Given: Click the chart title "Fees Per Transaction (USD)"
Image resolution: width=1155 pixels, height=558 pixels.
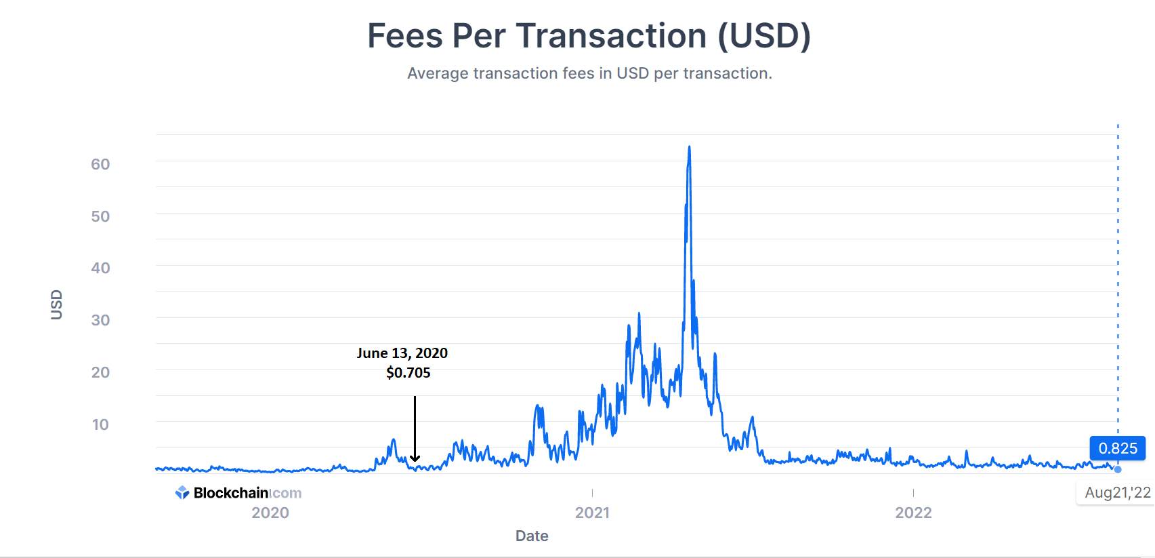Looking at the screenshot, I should [589, 36].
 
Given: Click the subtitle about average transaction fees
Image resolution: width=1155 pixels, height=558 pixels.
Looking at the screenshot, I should [589, 73].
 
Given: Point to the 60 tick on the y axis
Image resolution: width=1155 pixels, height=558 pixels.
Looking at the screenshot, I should [100, 164].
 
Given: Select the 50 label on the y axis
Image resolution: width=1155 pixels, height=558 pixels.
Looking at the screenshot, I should [100, 216].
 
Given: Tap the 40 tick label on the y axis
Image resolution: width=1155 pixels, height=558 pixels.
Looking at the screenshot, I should [100, 268].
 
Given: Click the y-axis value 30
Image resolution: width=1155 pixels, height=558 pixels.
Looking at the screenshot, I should [100, 320].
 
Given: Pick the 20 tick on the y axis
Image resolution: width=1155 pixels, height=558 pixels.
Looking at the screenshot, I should [100, 372].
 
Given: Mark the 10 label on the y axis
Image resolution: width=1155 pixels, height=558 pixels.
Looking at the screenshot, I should [100, 424].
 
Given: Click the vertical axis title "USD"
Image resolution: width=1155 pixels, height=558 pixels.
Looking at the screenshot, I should [56, 304].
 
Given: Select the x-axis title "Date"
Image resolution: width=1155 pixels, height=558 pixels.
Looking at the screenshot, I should [532, 536].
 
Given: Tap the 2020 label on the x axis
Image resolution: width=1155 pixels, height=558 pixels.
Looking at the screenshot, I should [270, 513].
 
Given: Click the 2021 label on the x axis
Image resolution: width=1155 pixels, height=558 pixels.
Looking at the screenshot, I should [592, 513].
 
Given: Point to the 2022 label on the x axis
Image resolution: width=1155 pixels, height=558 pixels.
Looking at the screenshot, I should [913, 513].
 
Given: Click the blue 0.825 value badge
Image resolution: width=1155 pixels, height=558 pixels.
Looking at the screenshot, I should [1118, 448].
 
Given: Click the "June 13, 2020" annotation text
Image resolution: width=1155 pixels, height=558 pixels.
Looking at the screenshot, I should [402, 353].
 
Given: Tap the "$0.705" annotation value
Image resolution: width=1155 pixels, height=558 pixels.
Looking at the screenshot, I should [408, 372].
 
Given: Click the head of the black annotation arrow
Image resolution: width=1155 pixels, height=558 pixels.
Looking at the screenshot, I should [415, 459].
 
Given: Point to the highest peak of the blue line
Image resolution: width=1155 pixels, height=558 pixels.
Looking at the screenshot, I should [689, 146].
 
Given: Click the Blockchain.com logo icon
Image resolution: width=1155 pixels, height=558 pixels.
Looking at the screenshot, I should [182, 493].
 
